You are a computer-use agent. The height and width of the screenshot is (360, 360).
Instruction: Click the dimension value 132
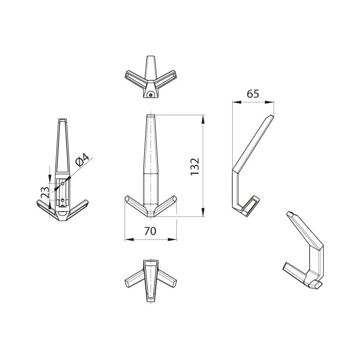pyautogui.click(x=195, y=166)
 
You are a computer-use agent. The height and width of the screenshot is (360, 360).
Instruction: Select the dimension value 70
pyautogui.click(x=150, y=231)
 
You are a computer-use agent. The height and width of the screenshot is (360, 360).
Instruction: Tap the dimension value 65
pyautogui.click(x=253, y=94)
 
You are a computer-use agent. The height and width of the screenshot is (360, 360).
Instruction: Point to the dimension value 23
pyautogui.click(x=45, y=193)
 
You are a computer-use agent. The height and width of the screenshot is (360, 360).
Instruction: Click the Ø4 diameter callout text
pyautogui.click(x=82, y=160)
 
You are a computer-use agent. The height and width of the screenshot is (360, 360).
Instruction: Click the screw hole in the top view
pyautogui.click(x=151, y=94)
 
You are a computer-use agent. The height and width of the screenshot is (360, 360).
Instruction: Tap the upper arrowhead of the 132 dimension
pyautogui.click(x=203, y=119)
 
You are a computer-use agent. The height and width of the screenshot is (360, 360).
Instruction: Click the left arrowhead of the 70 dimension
pyautogui.click(x=129, y=239)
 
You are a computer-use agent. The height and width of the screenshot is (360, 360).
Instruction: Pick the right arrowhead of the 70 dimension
pyautogui.click(x=172, y=239)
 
